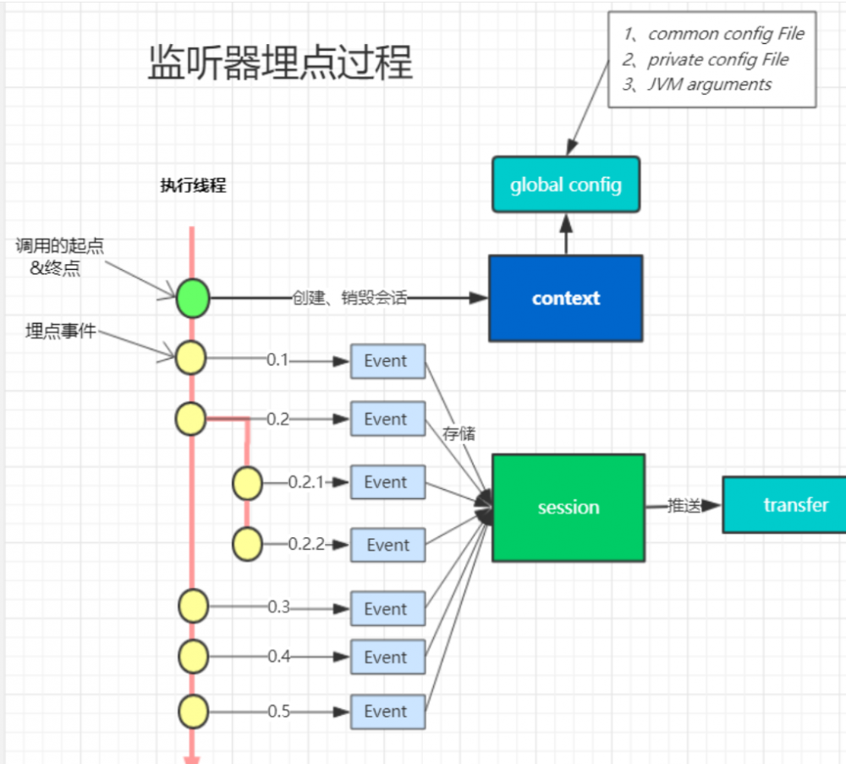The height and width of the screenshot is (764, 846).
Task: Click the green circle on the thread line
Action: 192,298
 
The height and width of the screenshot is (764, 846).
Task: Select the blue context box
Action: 565,298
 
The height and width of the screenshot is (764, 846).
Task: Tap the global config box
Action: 565,184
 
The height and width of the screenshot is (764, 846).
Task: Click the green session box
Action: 568,508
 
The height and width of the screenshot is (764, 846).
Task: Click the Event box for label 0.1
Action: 387,361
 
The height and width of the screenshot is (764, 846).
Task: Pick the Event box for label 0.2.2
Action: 387,546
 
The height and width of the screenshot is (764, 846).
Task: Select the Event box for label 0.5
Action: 387,712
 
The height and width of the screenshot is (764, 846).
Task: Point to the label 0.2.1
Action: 305,482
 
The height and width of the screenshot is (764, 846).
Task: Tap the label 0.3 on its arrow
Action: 279,607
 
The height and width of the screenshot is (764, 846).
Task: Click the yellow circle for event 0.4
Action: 193,656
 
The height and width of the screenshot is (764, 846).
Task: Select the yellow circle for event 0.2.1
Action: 248,483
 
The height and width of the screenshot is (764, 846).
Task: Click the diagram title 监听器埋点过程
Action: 280,63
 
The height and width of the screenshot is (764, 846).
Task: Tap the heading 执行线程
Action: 193,186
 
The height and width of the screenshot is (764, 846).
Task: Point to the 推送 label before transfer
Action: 682,506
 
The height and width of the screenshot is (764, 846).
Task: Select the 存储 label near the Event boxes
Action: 459,433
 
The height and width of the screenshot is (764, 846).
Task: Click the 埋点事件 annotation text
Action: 60,332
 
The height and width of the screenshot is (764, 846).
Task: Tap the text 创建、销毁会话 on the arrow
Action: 349,298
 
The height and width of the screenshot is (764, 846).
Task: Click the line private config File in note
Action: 717,59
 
